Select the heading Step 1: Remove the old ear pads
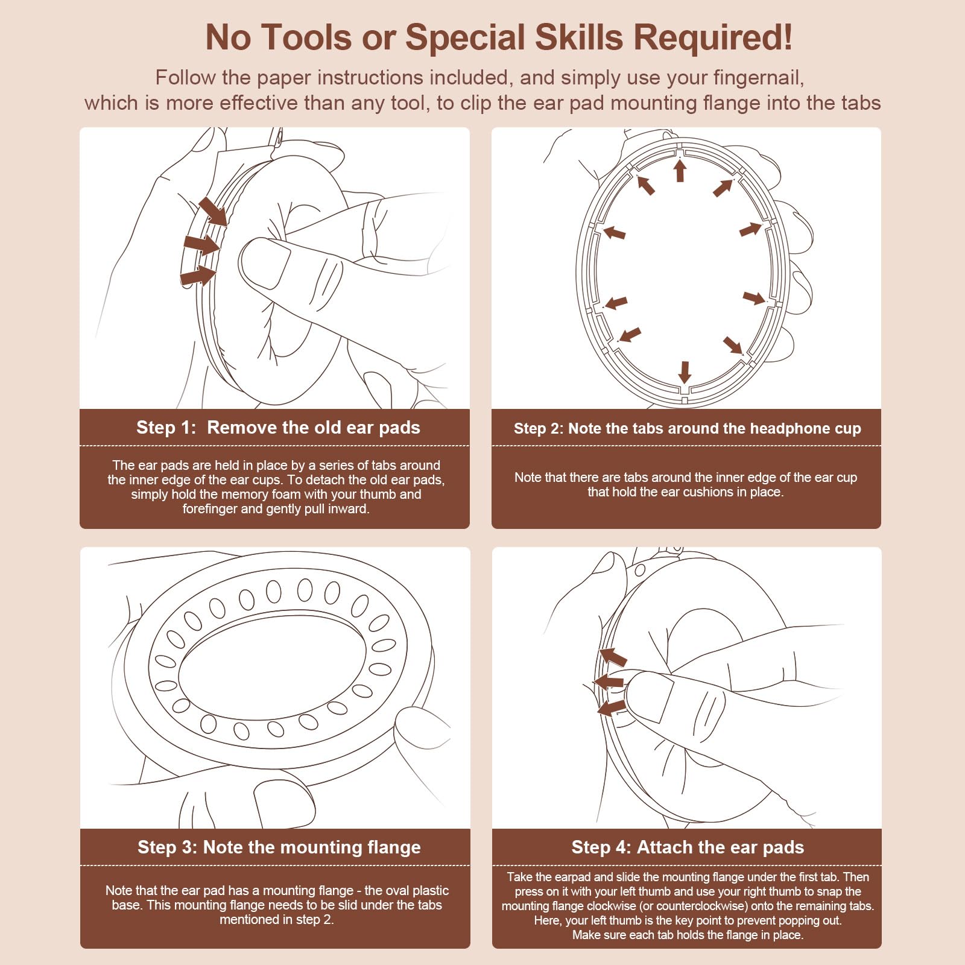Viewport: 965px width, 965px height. pos(278,428)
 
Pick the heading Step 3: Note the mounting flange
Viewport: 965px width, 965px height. pos(279,847)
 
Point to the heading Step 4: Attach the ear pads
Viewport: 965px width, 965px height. pos(688,847)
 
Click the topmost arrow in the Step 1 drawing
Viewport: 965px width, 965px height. pos(213,211)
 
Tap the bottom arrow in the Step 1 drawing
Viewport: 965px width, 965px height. pos(198,276)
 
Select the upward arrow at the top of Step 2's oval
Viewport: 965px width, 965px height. pos(680,169)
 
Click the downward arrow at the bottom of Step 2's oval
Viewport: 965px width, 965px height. pos(685,372)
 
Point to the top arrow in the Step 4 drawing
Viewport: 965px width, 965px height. pos(613,657)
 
